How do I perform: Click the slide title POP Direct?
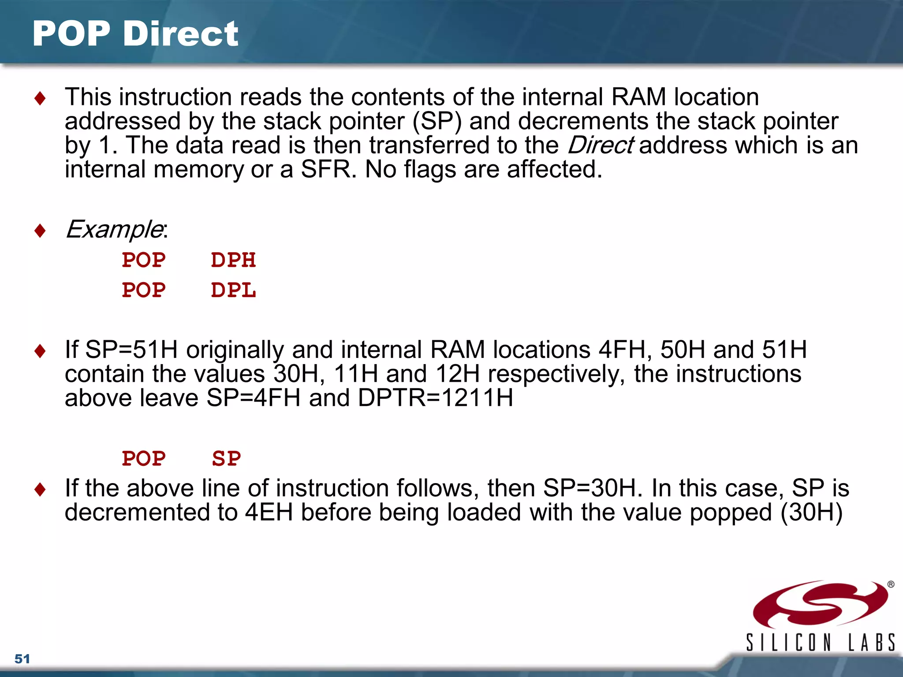(x=135, y=34)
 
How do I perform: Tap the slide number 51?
(x=22, y=659)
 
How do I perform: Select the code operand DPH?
(x=233, y=260)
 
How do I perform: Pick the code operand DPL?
(x=233, y=290)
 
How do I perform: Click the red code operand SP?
(x=226, y=459)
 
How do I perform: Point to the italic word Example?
(x=114, y=229)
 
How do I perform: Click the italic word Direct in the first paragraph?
(x=601, y=145)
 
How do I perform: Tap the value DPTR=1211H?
(x=436, y=398)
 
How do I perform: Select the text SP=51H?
(x=131, y=350)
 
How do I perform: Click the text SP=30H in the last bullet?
(x=590, y=488)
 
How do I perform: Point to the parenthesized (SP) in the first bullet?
(x=437, y=122)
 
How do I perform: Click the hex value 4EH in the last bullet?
(x=269, y=513)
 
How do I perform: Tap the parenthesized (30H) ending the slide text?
(x=811, y=513)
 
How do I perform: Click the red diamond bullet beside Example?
(x=40, y=230)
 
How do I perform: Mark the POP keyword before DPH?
(x=144, y=260)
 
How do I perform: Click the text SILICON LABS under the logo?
(x=820, y=643)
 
